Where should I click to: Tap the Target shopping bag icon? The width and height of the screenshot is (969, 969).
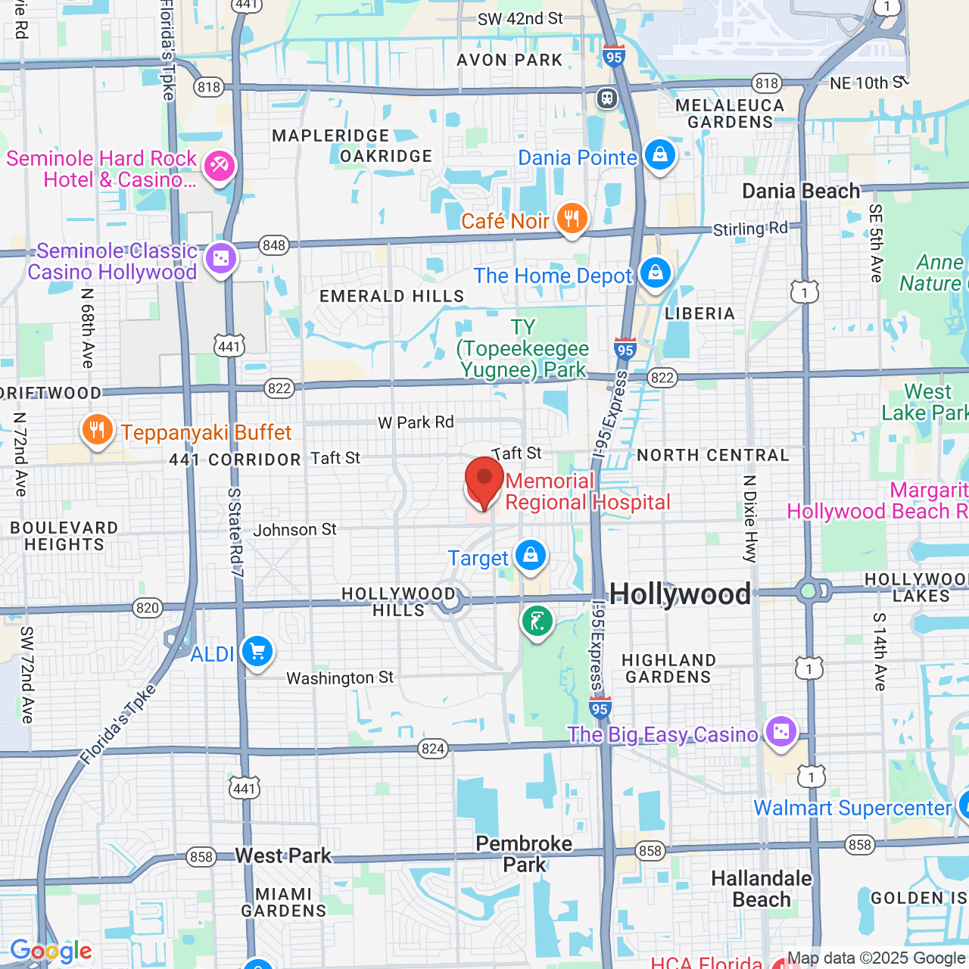[x=531, y=556]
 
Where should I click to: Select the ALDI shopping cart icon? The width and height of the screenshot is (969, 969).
[x=257, y=651]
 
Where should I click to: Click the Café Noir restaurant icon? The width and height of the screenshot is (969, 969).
[x=572, y=219]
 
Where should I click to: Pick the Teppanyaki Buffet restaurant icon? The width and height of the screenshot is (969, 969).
[x=97, y=431]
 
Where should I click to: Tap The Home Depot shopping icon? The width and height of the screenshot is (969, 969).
[x=655, y=273]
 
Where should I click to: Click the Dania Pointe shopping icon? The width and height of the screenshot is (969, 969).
[x=659, y=155]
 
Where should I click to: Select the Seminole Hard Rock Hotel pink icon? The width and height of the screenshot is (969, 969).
[x=220, y=165]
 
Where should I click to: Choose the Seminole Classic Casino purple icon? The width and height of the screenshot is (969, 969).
[x=221, y=259]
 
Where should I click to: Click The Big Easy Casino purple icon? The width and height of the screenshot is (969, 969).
[x=780, y=732]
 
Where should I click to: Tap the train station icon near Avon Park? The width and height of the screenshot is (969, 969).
[x=607, y=98]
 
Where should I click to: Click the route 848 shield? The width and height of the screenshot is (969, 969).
[x=273, y=245]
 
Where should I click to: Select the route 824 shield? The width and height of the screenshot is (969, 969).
[x=433, y=749]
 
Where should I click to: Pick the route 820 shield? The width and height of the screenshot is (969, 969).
[x=148, y=608]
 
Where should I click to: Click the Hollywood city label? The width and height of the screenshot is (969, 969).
[x=680, y=594]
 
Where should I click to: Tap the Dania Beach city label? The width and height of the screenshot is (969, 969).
[x=801, y=191]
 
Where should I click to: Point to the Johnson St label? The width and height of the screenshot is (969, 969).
[x=294, y=530]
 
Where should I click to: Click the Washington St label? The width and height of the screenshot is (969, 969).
[x=340, y=678]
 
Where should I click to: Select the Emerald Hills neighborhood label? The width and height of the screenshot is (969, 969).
[x=391, y=296]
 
